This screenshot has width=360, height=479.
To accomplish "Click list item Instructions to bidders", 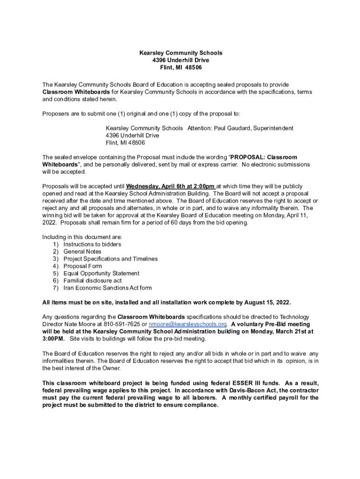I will pyautogui.click(x=92, y=244).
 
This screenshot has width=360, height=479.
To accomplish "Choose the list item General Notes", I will pyautogui.click(x=82, y=252).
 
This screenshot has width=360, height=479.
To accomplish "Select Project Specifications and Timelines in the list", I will pyautogui.click(x=110, y=259).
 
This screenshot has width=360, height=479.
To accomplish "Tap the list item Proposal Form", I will pyautogui.click(x=82, y=266).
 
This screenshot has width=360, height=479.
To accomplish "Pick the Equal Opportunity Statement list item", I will pyautogui.click(x=101, y=273).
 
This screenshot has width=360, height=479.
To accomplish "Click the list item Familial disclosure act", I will pyautogui.click(x=93, y=281).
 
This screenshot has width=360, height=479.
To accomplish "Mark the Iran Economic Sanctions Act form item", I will pyautogui.click(x=108, y=288).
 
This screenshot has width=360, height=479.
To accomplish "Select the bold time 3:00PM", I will pyautogui.click(x=54, y=339).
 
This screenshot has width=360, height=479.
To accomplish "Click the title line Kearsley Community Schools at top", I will pyautogui.click(x=180, y=53).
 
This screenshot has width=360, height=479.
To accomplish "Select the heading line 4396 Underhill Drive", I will pyautogui.click(x=180, y=60).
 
